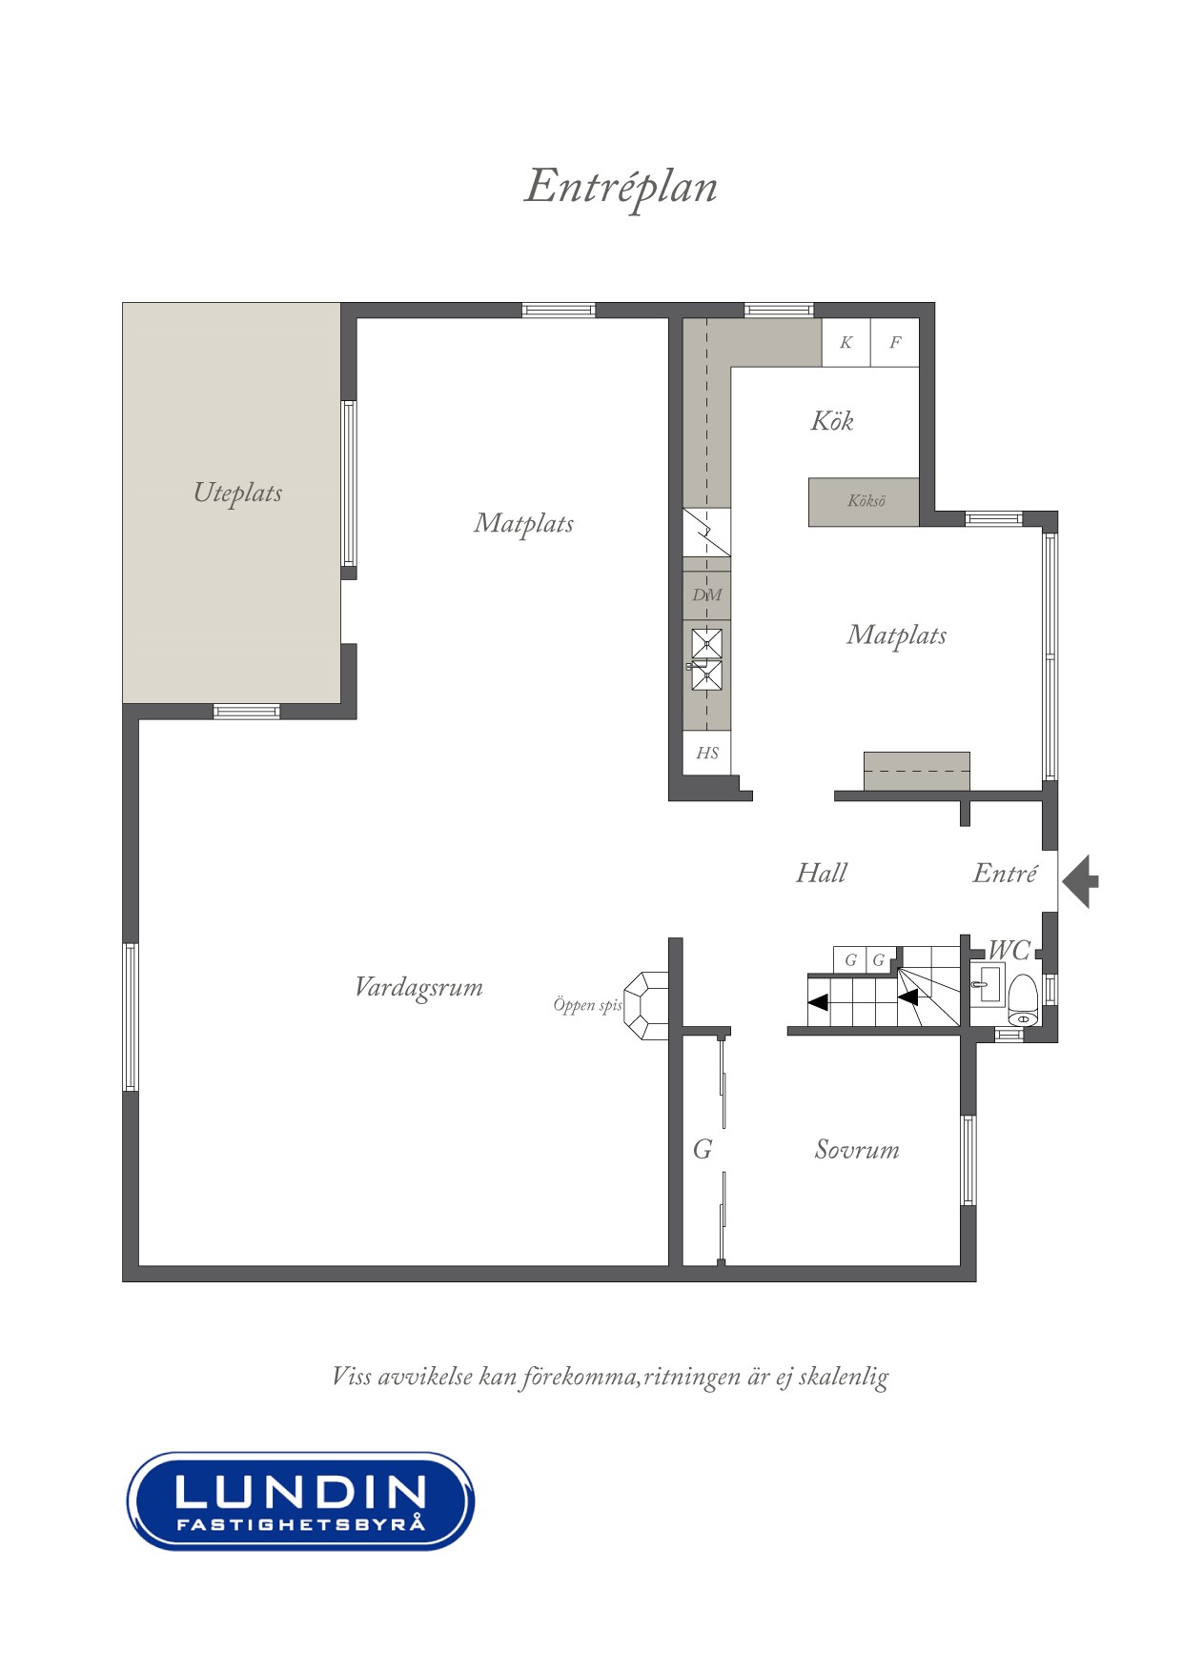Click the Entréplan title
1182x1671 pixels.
[621, 188]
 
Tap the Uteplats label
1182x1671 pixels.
[237, 493]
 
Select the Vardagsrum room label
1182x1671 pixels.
[418, 987]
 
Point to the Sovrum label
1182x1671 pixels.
[857, 1150]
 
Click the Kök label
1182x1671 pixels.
[832, 421]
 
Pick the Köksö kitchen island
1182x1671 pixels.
[865, 502]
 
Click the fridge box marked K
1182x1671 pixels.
[846, 343]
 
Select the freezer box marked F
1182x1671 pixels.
[895, 343]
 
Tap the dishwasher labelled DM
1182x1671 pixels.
[707, 595]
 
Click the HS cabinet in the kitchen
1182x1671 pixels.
[707, 753]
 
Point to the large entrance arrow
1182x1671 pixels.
[1081, 881]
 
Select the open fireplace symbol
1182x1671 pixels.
[647, 1005]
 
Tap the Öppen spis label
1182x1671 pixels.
[587, 1005]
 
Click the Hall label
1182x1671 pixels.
[822, 873]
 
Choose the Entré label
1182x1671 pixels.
[1005, 873]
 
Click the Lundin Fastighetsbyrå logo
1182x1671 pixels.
[301, 1501]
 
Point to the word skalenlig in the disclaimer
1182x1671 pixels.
[844, 1378]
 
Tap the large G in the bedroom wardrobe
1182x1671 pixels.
[703, 1150]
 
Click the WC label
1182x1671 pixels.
[1009, 950]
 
